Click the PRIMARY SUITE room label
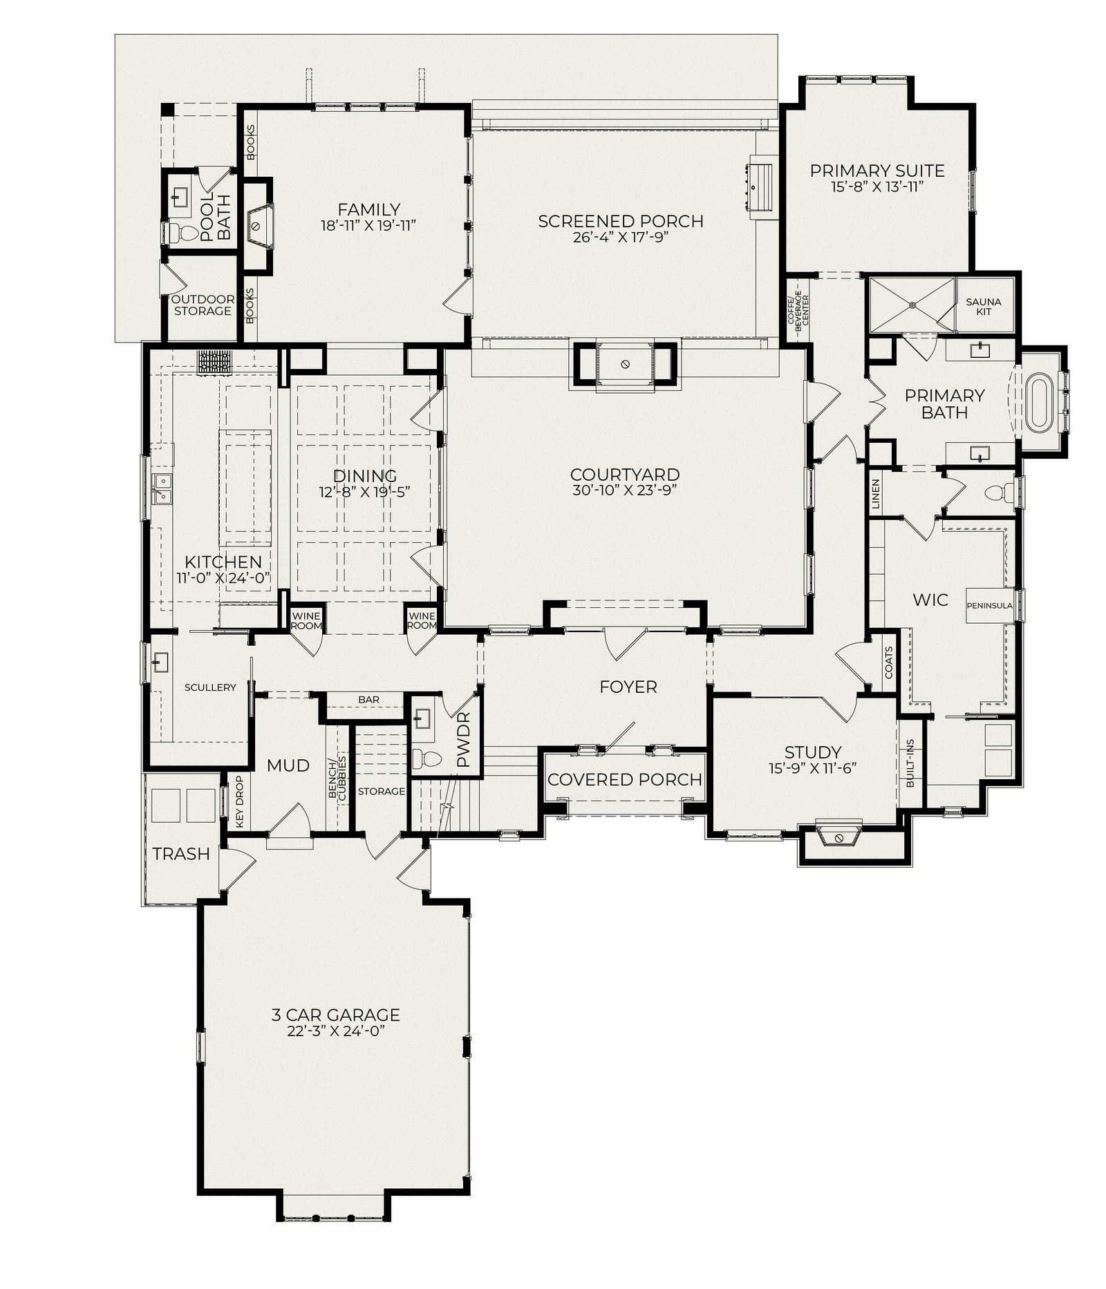(877, 171)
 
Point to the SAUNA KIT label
(983, 307)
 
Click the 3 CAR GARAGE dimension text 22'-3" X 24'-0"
(335, 1031)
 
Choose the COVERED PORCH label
(624, 779)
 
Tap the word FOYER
(628, 687)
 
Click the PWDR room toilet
(427, 758)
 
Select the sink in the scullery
(160, 662)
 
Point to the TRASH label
(181, 854)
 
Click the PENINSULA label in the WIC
(989, 606)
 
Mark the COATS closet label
(889, 662)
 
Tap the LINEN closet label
(876, 494)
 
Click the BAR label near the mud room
(368, 700)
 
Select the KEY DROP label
(240, 801)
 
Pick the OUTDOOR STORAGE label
(203, 305)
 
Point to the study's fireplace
(838, 834)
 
